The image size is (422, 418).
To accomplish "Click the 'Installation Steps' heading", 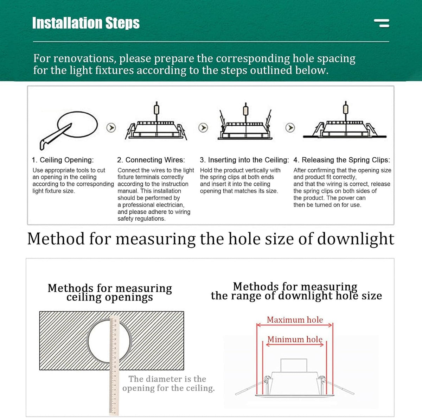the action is point(86,23).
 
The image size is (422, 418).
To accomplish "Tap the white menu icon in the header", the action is point(382,23).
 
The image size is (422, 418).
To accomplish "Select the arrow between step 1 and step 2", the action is point(111,128).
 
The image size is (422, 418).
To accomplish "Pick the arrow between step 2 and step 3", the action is point(203,128).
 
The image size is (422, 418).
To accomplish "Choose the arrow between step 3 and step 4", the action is point(290,128).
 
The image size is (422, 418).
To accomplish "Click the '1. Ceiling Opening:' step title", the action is point(63,160).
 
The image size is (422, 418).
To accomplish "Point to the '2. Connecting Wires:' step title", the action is point(151,160).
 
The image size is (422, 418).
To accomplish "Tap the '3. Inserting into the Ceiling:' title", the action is point(244,160).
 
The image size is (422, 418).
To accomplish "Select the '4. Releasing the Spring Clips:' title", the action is point(341,160).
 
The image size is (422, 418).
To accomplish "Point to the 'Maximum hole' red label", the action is point(295,320).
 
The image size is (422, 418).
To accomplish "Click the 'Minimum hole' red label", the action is point(295,340).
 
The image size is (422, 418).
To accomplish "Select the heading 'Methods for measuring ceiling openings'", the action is point(110,292).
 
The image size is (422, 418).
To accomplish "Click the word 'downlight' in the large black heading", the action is point(356,239).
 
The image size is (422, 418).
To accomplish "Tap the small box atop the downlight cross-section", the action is point(294,365).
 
